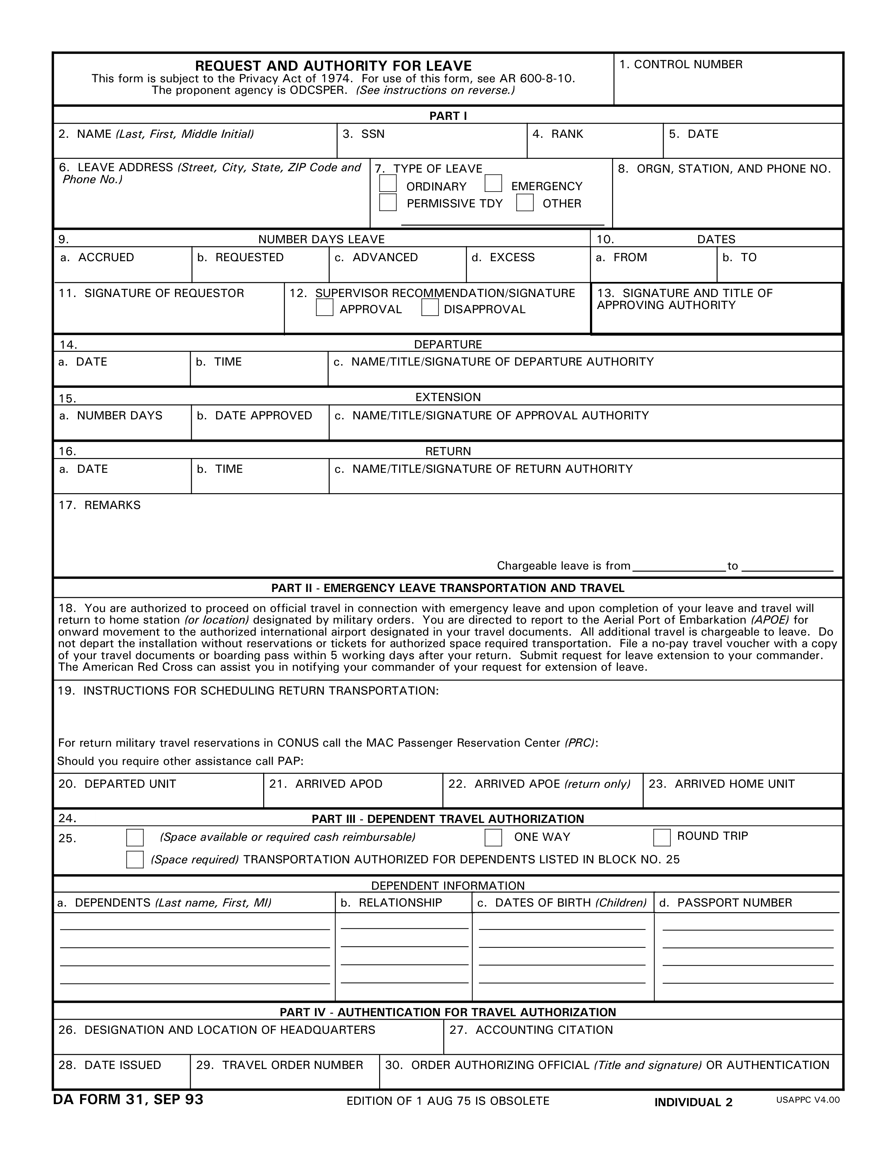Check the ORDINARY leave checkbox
pyautogui.click(x=388, y=183)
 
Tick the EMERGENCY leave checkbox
pyautogui.click(x=493, y=183)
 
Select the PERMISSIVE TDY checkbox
pyautogui.click(x=388, y=202)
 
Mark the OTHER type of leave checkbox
pyautogui.click(x=525, y=202)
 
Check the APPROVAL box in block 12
pyautogui.click(x=324, y=308)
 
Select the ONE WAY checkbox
pyautogui.click(x=493, y=838)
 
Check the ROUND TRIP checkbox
pyautogui.click(x=661, y=838)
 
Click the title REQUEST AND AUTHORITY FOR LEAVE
pyautogui.click(x=333, y=66)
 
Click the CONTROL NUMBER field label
pyautogui.click(x=681, y=64)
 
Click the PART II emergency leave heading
pyautogui.click(x=447, y=588)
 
